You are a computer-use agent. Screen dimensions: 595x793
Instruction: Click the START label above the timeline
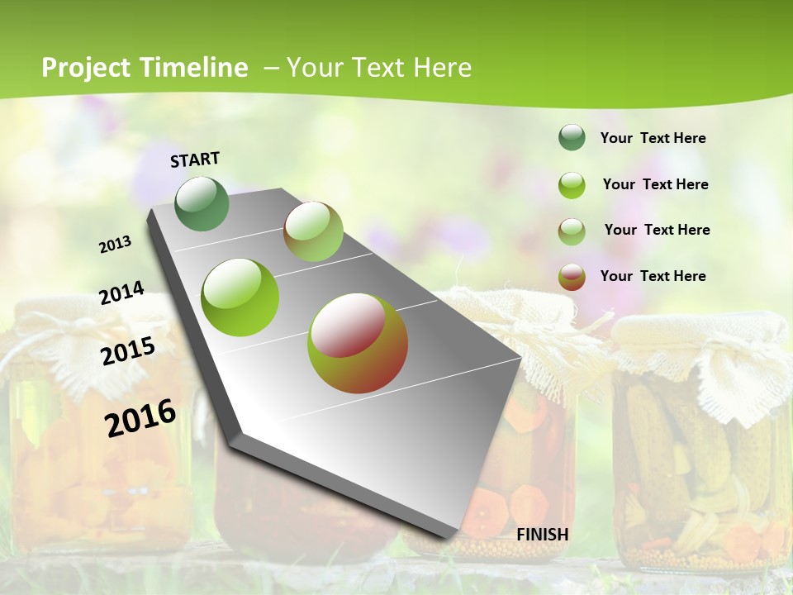pyautogui.click(x=195, y=159)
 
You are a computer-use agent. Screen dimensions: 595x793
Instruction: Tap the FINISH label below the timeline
pyautogui.click(x=542, y=535)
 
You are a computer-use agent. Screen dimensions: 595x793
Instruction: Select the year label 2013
pyautogui.click(x=116, y=245)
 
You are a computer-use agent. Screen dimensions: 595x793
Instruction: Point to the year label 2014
pyautogui.click(x=121, y=293)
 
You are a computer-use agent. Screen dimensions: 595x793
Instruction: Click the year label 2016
pyautogui.click(x=140, y=418)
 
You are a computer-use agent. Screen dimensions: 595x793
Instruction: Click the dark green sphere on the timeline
pyautogui.click(x=202, y=203)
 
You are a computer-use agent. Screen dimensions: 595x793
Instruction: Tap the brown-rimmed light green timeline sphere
pyautogui.click(x=313, y=231)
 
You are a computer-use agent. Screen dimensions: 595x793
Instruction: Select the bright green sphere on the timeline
pyautogui.click(x=240, y=297)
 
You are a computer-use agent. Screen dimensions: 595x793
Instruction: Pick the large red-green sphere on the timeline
pyautogui.click(x=358, y=343)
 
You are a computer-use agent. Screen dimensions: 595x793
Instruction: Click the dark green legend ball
pyautogui.click(x=572, y=138)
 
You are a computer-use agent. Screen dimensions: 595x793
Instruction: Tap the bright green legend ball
pyautogui.click(x=572, y=185)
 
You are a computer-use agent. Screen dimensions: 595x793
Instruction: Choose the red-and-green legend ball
pyautogui.click(x=572, y=277)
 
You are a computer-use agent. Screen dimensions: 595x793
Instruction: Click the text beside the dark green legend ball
pyautogui.click(x=653, y=138)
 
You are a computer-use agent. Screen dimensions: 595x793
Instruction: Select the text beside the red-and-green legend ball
pyautogui.click(x=653, y=276)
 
